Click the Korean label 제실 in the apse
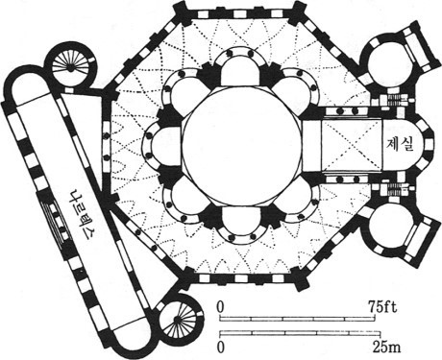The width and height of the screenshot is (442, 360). (401, 145)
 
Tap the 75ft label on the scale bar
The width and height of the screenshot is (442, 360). (382, 307)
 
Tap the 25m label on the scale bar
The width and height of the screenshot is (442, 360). (386, 347)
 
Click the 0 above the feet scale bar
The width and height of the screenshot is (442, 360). (220, 307)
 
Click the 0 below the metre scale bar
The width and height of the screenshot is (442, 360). (220, 348)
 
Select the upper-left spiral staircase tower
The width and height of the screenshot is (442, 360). (70, 67)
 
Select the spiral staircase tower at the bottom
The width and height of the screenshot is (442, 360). (177, 319)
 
